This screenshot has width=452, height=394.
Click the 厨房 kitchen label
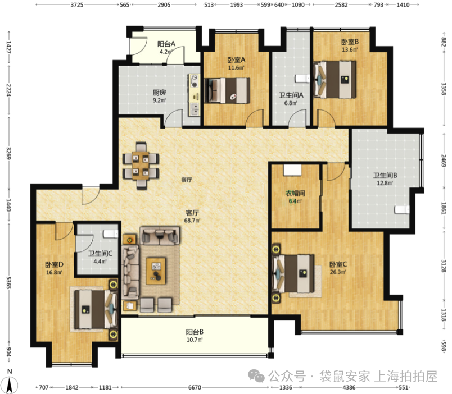[x=159, y=93]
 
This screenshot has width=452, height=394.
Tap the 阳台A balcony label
[x=166, y=44]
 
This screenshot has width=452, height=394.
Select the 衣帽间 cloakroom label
[x=295, y=193]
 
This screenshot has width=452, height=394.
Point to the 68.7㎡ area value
[x=192, y=221]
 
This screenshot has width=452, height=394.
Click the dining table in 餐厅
[x=141, y=166]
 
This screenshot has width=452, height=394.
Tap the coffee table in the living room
[x=156, y=271]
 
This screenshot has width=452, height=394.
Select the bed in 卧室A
[x=227, y=91]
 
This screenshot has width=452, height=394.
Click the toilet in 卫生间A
[x=302, y=78]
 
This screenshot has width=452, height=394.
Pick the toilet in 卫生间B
[x=402, y=209]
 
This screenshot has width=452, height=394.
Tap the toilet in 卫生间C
[x=111, y=233]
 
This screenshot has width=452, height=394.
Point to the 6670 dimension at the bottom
[x=195, y=387]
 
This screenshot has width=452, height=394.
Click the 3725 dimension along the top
[x=77, y=5]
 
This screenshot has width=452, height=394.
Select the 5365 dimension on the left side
[x=9, y=283]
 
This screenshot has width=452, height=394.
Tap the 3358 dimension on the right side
[x=444, y=89]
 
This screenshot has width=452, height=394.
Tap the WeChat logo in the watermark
[x=256, y=377]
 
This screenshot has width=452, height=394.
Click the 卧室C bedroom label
[x=338, y=264]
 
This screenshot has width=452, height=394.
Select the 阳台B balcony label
[x=195, y=332]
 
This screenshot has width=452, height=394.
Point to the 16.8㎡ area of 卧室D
[x=54, y=272]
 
